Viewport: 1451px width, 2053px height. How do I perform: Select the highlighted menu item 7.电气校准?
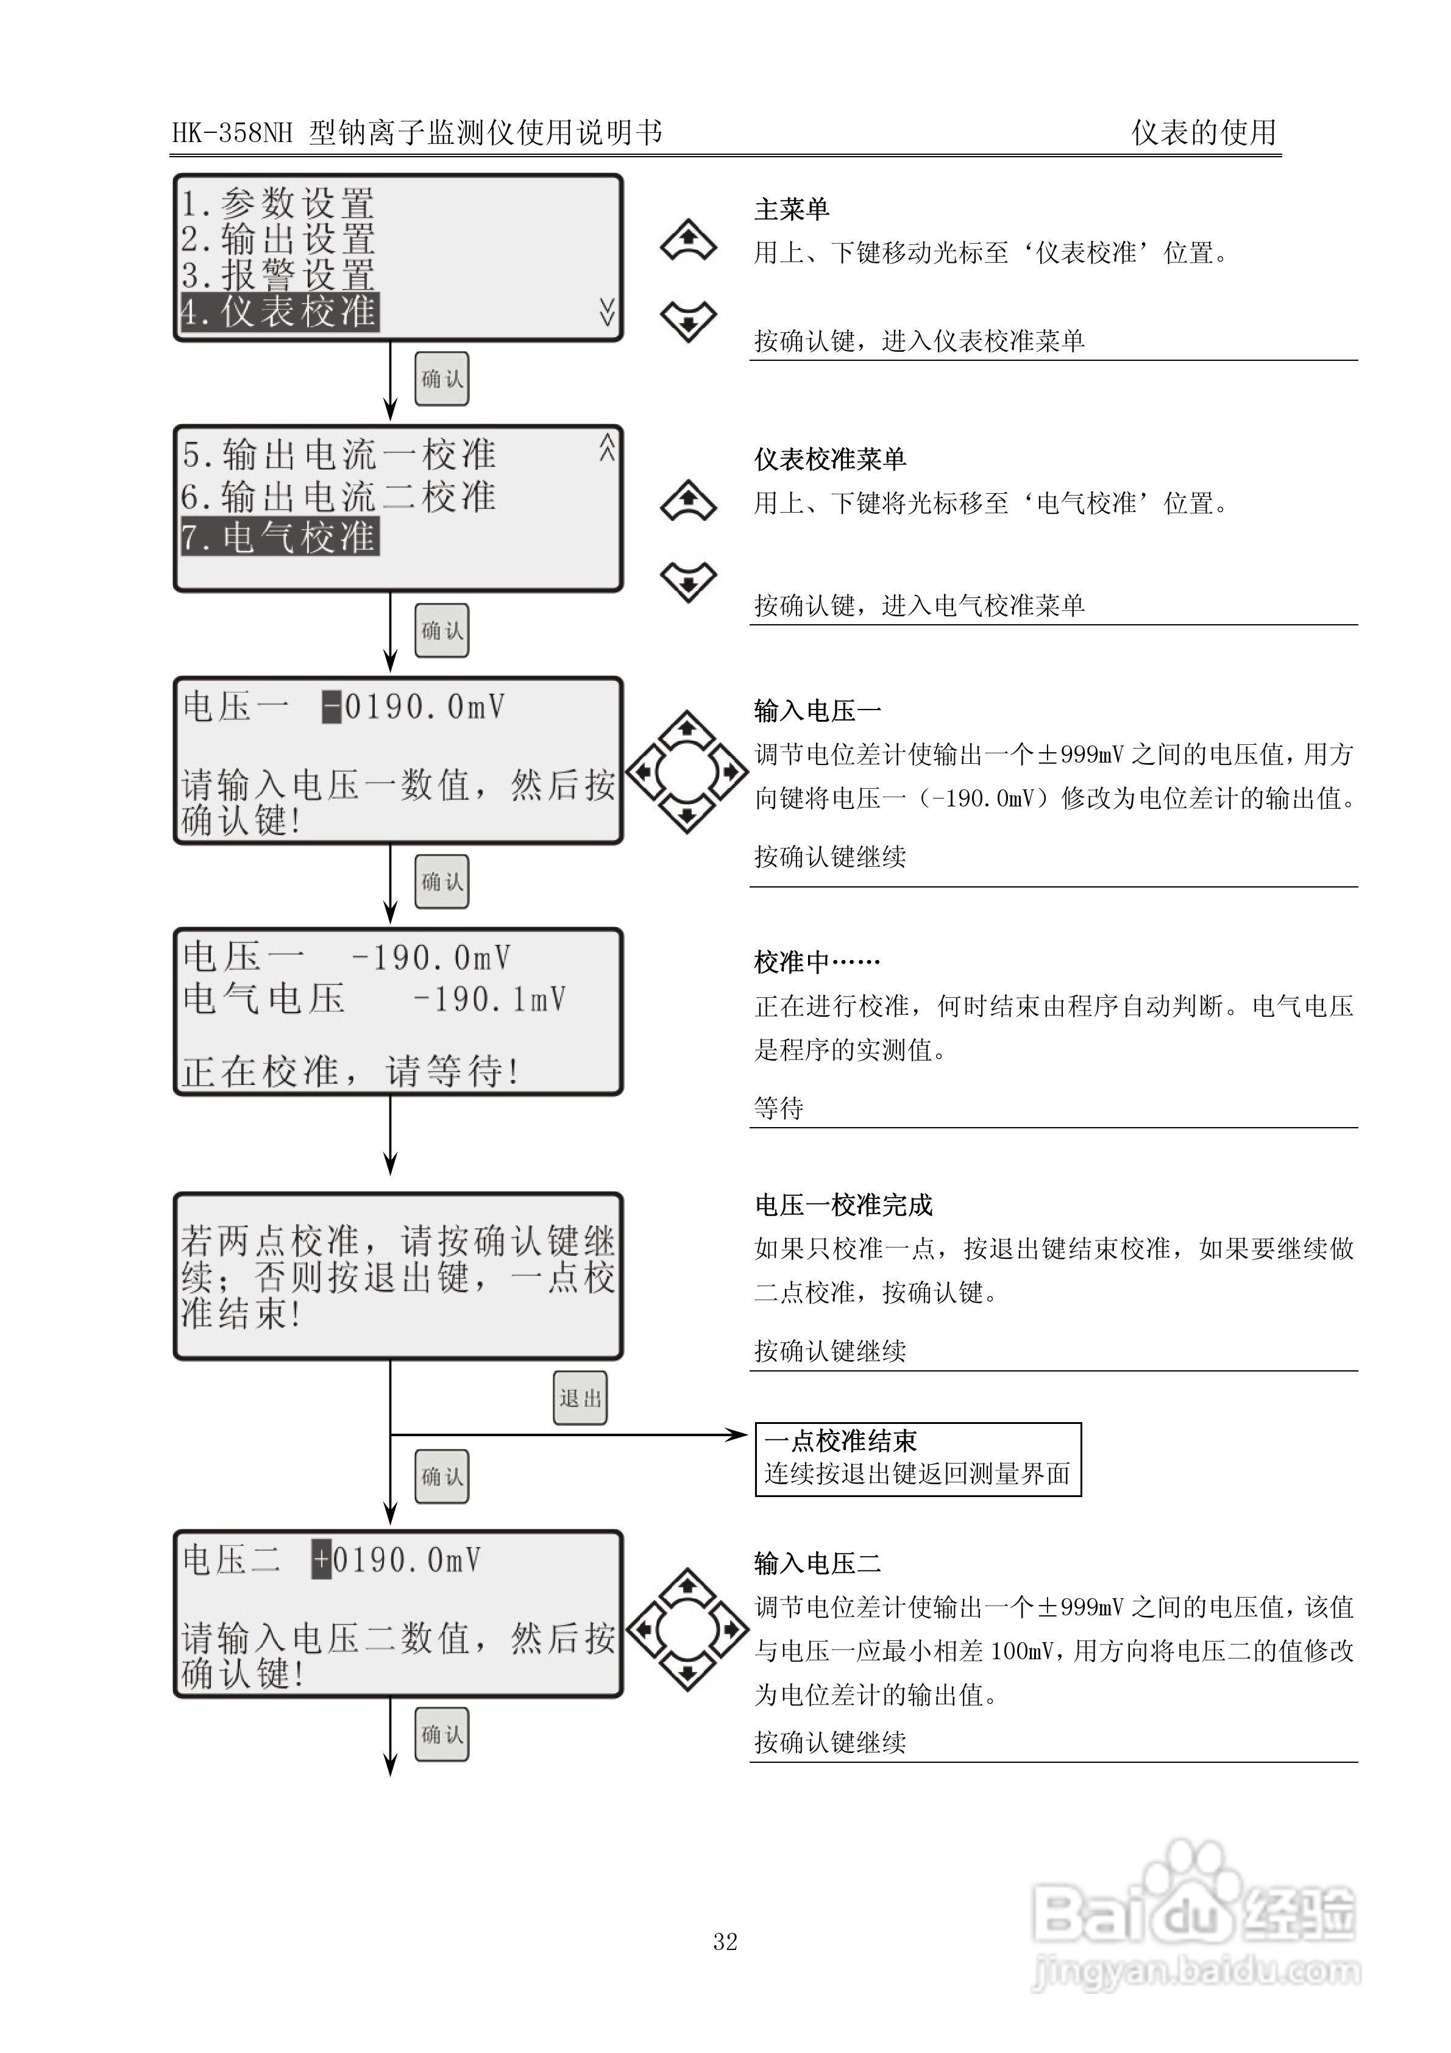280,538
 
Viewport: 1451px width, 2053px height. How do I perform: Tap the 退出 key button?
580,1398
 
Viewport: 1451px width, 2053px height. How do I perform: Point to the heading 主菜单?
791,209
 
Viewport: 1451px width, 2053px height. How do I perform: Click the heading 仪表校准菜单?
829,460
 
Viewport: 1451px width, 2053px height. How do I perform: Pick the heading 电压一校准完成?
843,1205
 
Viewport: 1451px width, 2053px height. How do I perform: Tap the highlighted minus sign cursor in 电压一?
332,707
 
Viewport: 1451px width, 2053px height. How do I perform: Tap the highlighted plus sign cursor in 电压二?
321,1560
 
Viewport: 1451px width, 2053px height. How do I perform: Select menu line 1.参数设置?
277,203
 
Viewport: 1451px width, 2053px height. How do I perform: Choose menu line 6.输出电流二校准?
339,496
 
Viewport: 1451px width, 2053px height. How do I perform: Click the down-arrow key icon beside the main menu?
687,321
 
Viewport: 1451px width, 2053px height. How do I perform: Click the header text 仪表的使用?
1204,132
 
